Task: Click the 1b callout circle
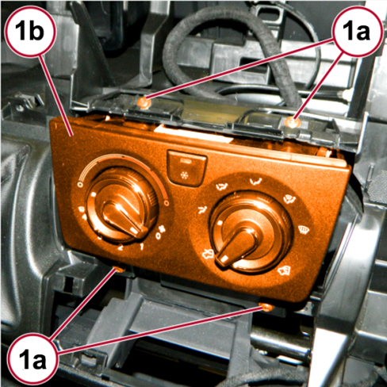pos(30,31)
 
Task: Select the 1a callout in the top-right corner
pos(358,31)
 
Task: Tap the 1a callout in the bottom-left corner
pos(33,359)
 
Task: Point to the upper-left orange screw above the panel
pos(144,102)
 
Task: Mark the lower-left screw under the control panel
pos(120,270)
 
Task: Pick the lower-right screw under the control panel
pos(266,307)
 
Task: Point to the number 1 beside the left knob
pos(142,247)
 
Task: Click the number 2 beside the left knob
pos(121,247)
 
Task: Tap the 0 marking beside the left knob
pos(159,236)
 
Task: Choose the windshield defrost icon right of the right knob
pos(302,228)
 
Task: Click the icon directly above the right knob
pos(256,182)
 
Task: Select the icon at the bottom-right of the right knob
pos(285,270)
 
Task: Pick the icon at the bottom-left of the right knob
pos(207,255)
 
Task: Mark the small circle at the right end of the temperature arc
pos(167,203)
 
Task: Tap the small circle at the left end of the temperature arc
pos(79,184)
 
